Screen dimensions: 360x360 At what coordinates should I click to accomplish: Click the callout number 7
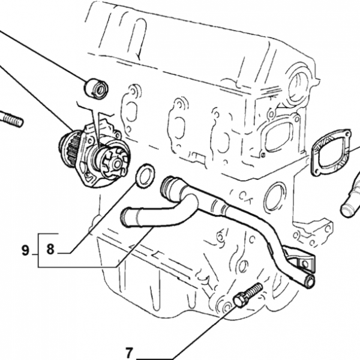pyautogui.click(x=129, y=352)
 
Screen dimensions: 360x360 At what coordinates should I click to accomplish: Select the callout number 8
pyautogui.click(x=50, y=249)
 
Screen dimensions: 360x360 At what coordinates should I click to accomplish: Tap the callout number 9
pyautogui.click(x=25, y=250)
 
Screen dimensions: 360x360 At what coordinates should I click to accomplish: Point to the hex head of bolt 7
pyautogui.click(x=240, y=300)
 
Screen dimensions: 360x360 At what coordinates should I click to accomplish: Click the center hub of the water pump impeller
pyautogui.click(x=117, y=164)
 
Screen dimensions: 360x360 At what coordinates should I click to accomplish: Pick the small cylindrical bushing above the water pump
pyautogui.click(x=96, y=89)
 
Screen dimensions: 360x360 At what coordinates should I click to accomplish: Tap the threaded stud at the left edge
pyautogui.click(x=11, y=119)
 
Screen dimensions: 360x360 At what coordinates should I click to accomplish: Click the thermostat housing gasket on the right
pyautogui.click(x=331, y=152)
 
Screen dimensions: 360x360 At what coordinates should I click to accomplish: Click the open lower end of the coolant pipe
pyautogui.click(x=310, y=281)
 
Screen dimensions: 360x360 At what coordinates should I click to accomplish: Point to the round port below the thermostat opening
pyautogui.click(x=275, y=196)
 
